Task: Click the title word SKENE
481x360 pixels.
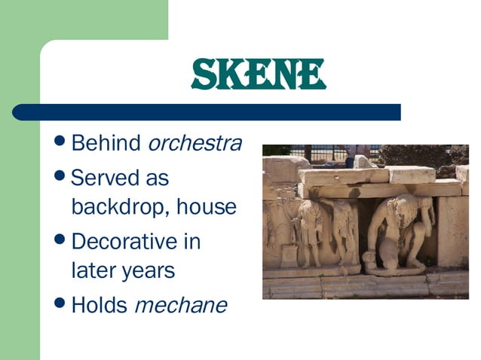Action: coord(258,74)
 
